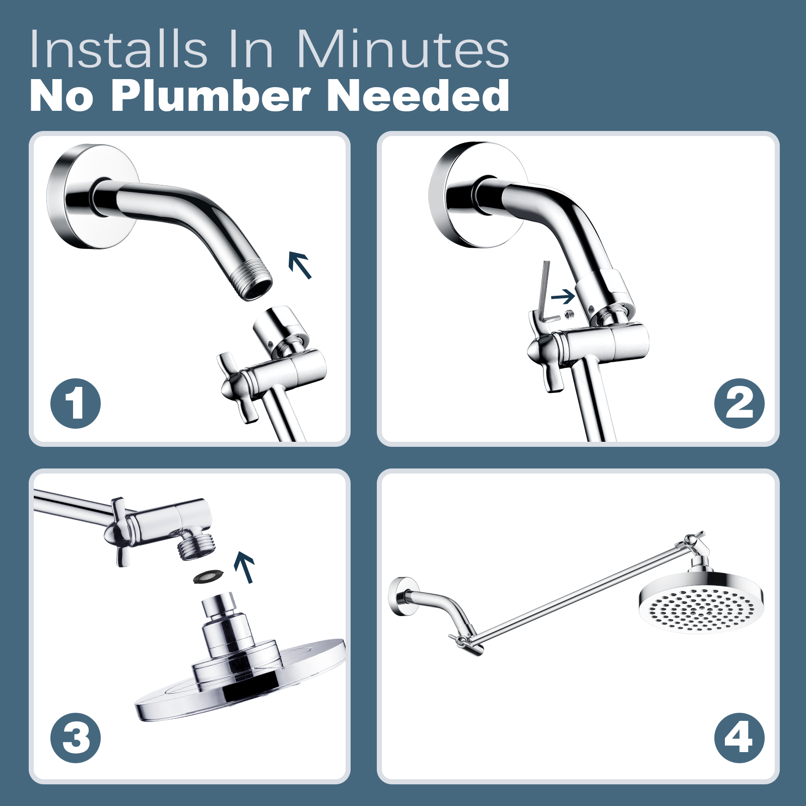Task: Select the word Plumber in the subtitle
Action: tap(210, 96)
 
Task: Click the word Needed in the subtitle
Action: tap(419, 96)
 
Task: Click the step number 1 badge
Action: tap(76, 404)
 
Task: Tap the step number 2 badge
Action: tap(739, 404)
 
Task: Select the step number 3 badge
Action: tap(76, 738)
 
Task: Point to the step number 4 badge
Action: tap(739, 738)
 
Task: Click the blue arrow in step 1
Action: tap(300, 265)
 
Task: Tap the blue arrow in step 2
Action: tap(563, 297)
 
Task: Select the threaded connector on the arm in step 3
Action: tap(196, 546)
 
